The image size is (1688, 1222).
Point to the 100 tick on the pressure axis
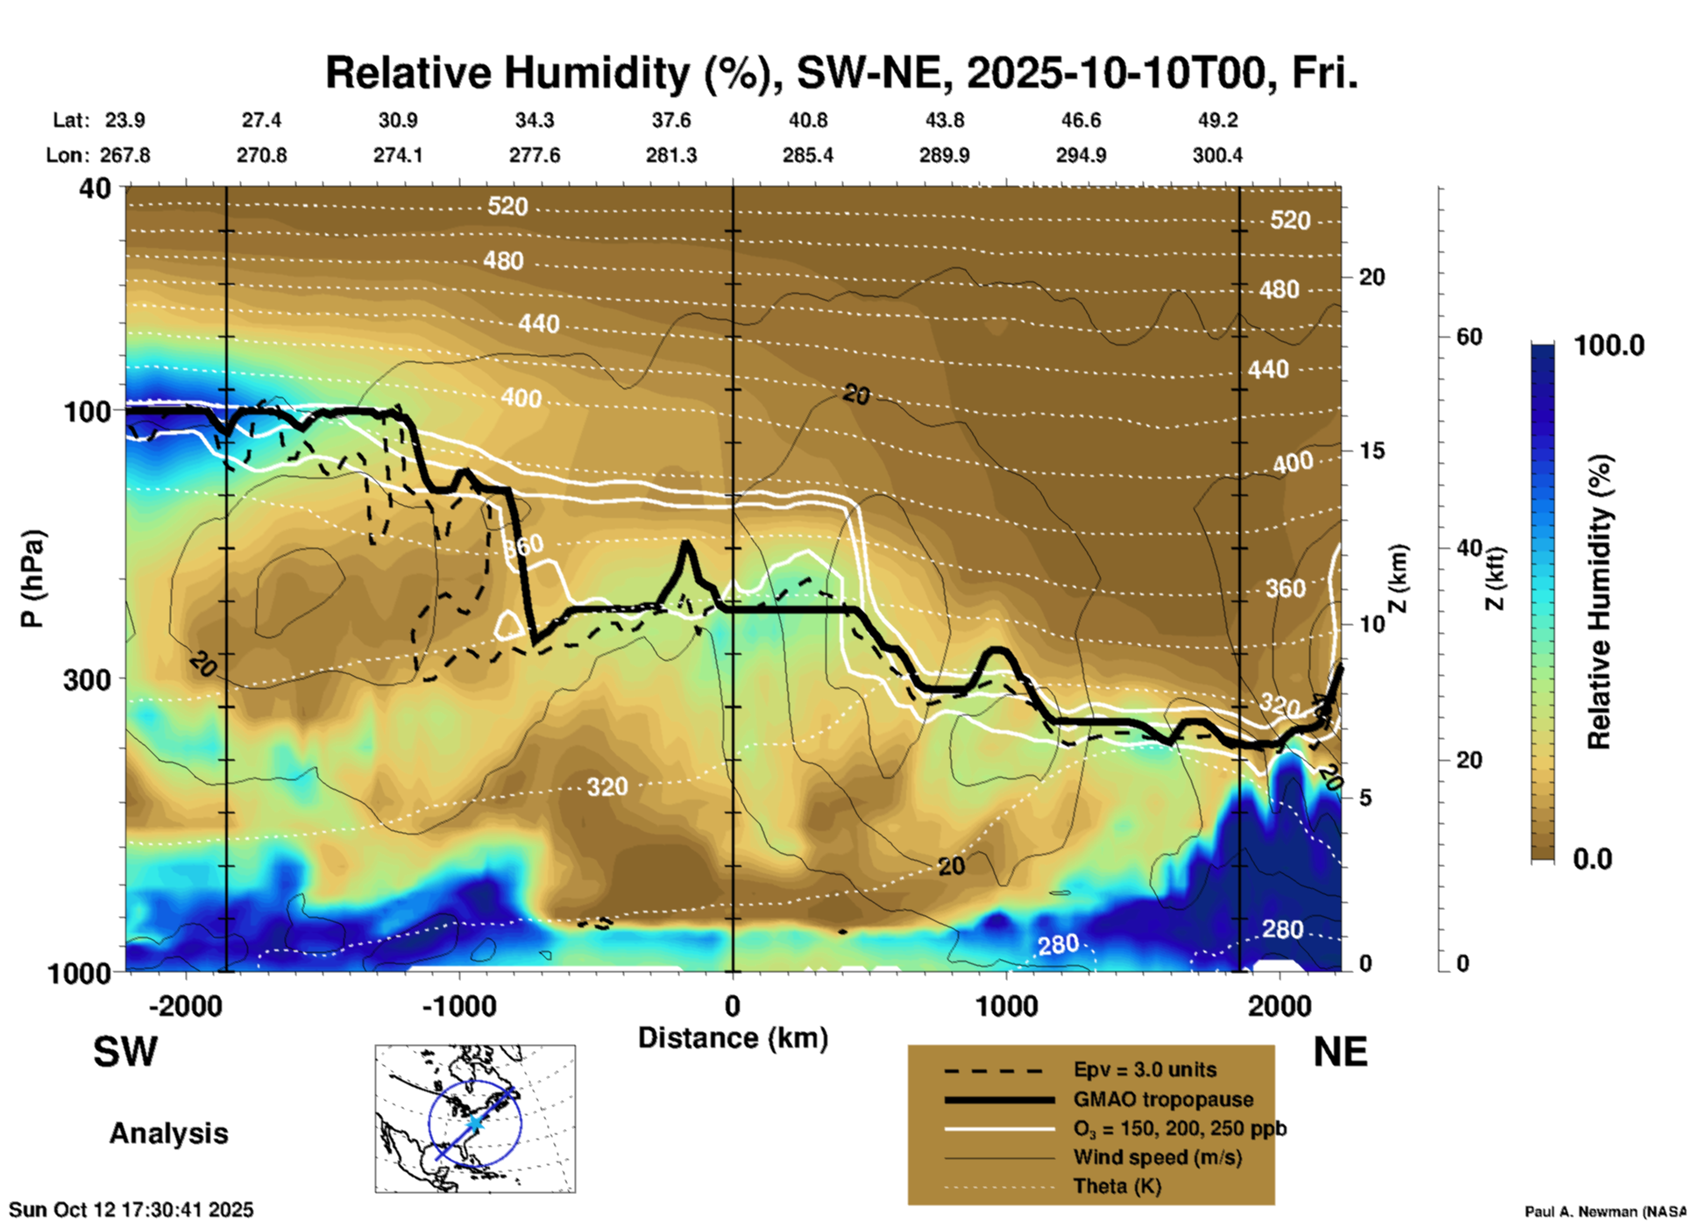tap(88, 411)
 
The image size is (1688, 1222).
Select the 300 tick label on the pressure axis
tap(88, 679)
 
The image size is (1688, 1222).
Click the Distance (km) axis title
tap(733, 1038)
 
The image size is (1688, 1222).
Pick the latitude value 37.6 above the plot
tap(671, 120)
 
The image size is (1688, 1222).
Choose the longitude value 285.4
tap(807, 155)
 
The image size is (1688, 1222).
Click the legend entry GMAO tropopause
tap(1163, 1099)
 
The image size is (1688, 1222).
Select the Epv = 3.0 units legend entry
tap(1145, 1069)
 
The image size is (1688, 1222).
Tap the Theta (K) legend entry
tap(1117, 1186)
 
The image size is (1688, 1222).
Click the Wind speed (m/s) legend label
tap(1157, 1157)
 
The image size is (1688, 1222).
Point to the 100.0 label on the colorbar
tap(1609, 345)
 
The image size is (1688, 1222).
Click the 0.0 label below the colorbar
tap(1592, 858)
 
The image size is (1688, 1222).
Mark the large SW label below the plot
tap(125, 1052)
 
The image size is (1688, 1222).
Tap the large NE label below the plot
tap(1340, 1052)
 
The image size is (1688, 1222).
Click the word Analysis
tap(168, 1133)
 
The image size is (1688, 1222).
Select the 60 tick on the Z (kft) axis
tap(1469, 337)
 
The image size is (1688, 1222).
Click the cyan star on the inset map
tap(474, 1123)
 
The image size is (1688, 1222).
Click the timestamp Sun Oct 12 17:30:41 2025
tap(131, 1210)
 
